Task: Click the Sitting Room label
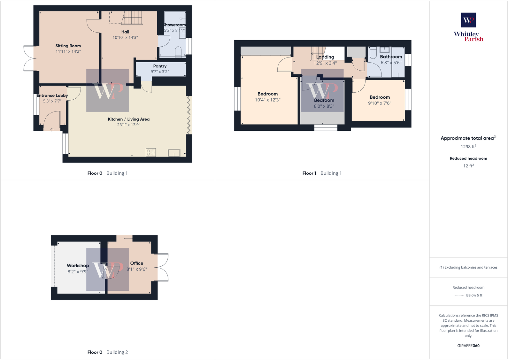point(68,46)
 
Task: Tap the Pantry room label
point(160,66)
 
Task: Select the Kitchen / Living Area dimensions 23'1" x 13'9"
point(128,125)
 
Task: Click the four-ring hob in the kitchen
point(151,152)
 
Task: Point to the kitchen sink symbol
point(174,153)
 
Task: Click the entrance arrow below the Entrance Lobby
point(52,129)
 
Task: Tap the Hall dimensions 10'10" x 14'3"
point(125,37)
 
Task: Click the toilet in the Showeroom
point(178,52)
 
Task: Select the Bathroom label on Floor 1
point(391,57)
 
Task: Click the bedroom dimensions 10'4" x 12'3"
point(267,100)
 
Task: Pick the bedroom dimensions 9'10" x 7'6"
point(380,103)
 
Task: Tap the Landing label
point(325,57)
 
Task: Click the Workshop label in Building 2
point(78,265)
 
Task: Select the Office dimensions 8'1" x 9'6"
point(137,269)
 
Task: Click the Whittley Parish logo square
point(468,20)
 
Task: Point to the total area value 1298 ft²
point(468,147)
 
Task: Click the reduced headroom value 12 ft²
point(468,166)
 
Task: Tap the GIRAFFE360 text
point(468,346)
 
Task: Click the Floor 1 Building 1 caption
point(322,173)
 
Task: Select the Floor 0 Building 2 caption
point(108,352)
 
